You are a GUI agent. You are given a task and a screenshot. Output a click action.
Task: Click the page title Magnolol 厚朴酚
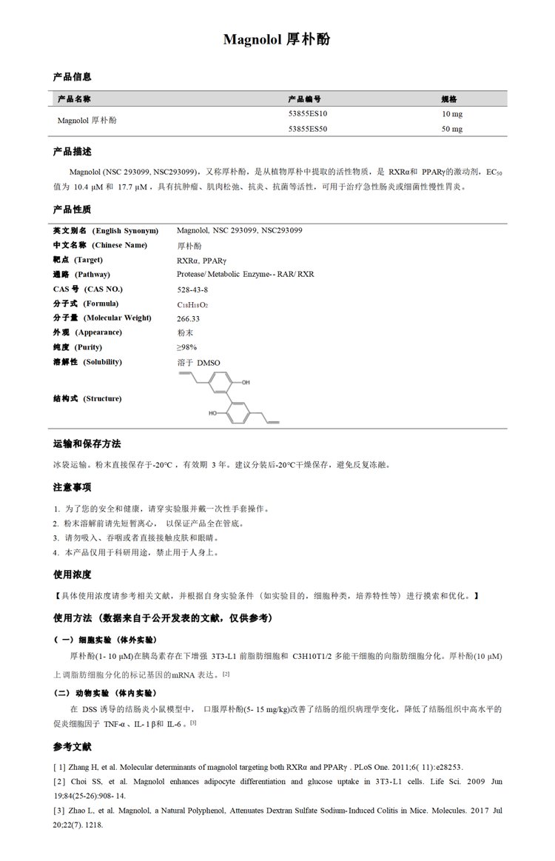277,40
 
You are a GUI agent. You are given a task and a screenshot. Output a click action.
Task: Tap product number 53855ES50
308,128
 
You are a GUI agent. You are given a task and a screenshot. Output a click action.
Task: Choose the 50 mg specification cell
451,128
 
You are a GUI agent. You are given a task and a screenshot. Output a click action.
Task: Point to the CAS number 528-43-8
192,289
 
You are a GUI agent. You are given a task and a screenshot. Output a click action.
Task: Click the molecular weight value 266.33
189,318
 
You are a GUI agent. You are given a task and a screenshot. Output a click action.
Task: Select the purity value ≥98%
186,347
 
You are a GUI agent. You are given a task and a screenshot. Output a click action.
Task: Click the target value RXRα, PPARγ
202,260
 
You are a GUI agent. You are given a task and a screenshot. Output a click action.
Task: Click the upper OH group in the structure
246,383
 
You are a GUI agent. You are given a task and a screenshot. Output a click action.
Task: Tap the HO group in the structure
214,415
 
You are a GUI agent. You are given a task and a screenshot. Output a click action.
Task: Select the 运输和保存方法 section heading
87,444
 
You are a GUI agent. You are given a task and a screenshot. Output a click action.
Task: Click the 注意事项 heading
72,487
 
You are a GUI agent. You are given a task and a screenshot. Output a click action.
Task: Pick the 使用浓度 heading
72,574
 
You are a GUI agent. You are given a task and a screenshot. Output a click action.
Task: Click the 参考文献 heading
72,746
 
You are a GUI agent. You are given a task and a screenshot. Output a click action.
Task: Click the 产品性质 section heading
72,210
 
